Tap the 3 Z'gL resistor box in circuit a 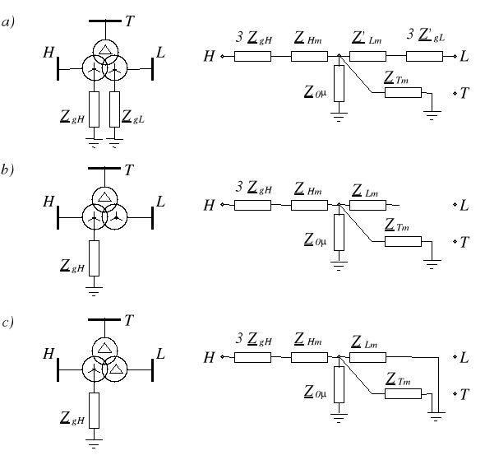(423, 57)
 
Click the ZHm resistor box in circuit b (308, 205)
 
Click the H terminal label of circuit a (209, 57)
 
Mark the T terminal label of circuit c (465, 395)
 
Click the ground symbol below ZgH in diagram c (94, 444)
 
